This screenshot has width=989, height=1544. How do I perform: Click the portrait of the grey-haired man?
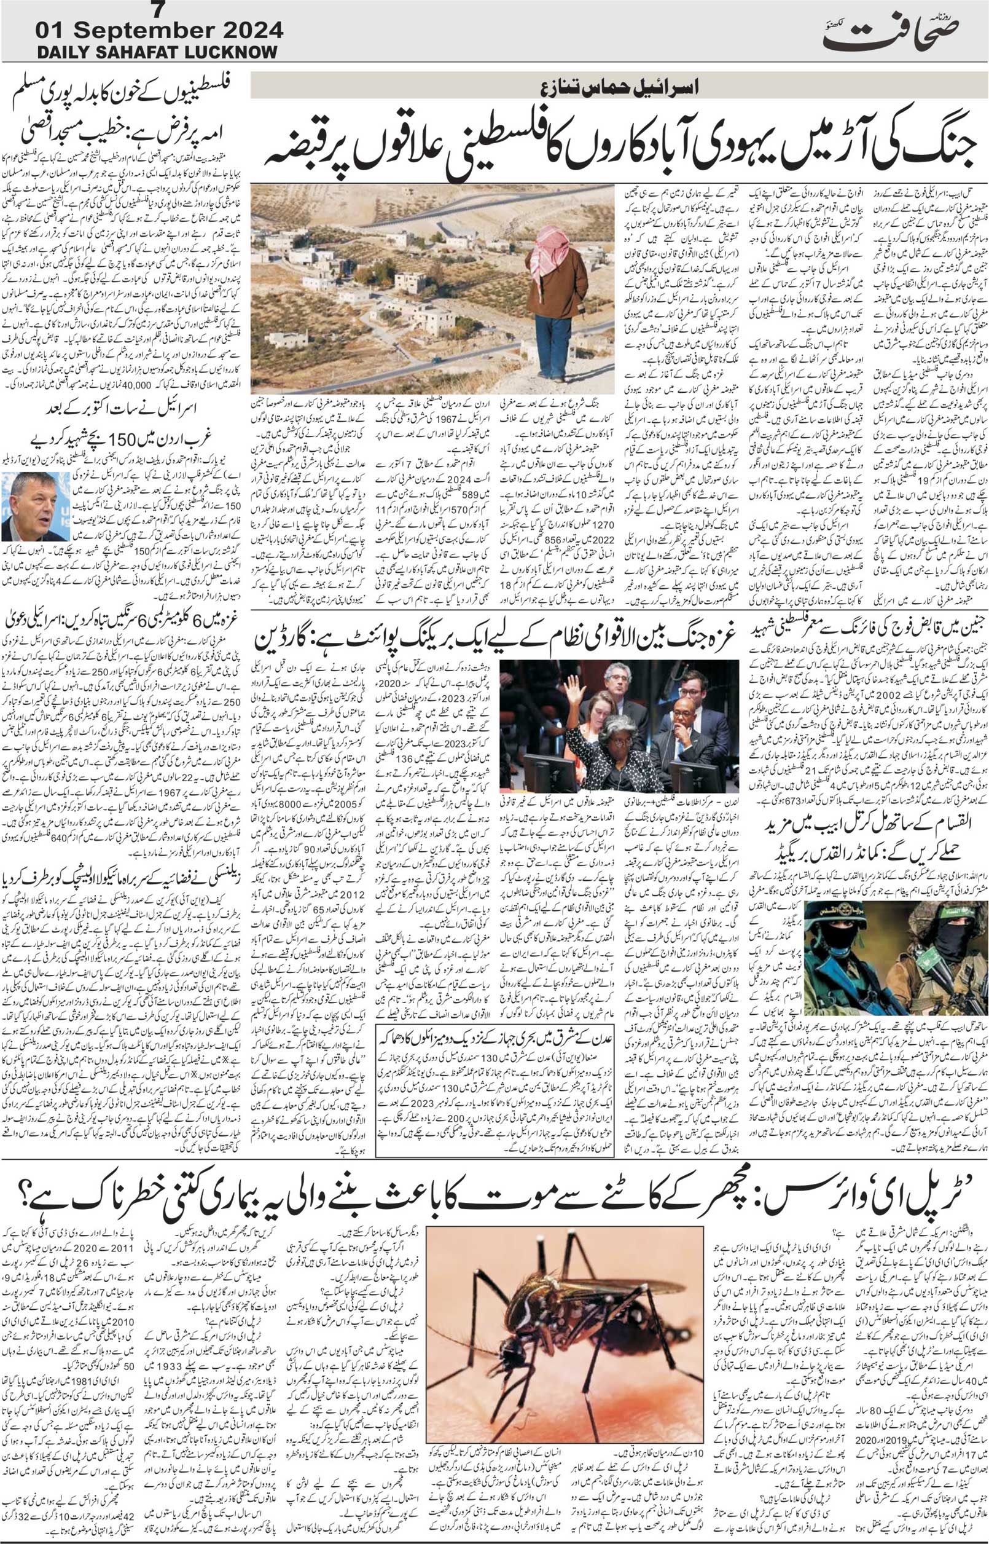point(27,508)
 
